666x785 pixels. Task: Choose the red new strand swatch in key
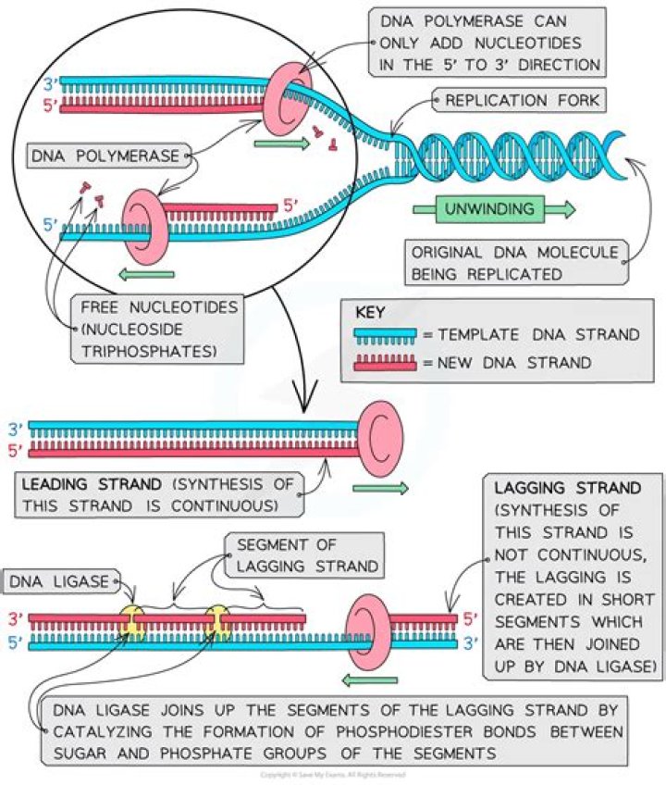[385, 362]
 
